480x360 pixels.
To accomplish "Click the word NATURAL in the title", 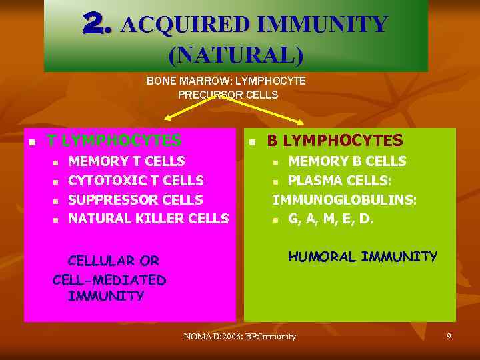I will coord(235,54).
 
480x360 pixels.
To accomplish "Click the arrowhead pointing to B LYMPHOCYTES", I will coord(303,121).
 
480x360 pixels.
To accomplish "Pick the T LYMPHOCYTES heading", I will coord(113,140).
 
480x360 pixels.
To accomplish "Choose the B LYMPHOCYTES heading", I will coord(335,140).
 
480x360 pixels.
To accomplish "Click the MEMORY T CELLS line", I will coord(127,161).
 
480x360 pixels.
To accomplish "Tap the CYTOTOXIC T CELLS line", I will coord(136,180).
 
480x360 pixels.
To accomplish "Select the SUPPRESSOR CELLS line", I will coord(135,199).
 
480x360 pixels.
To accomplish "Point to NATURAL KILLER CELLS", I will coord(149,218).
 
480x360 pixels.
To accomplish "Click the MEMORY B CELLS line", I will coord(347,161).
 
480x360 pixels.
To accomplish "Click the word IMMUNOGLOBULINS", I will coord(343,199).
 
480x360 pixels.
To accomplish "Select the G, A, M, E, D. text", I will coord(330,218).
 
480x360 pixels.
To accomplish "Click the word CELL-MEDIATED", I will coord(109,279).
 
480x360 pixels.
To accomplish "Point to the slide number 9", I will coord(449,337).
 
